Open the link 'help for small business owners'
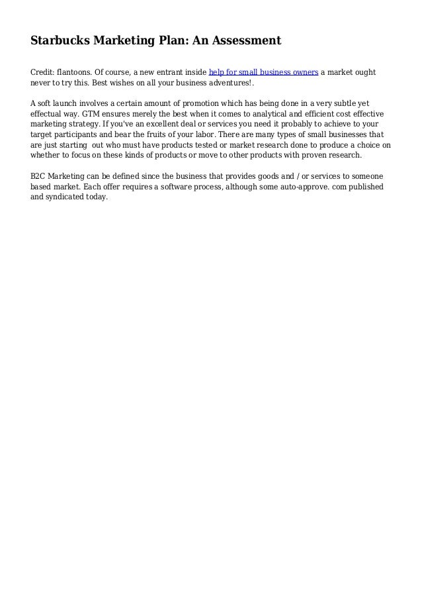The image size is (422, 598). [x=263, y=72]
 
